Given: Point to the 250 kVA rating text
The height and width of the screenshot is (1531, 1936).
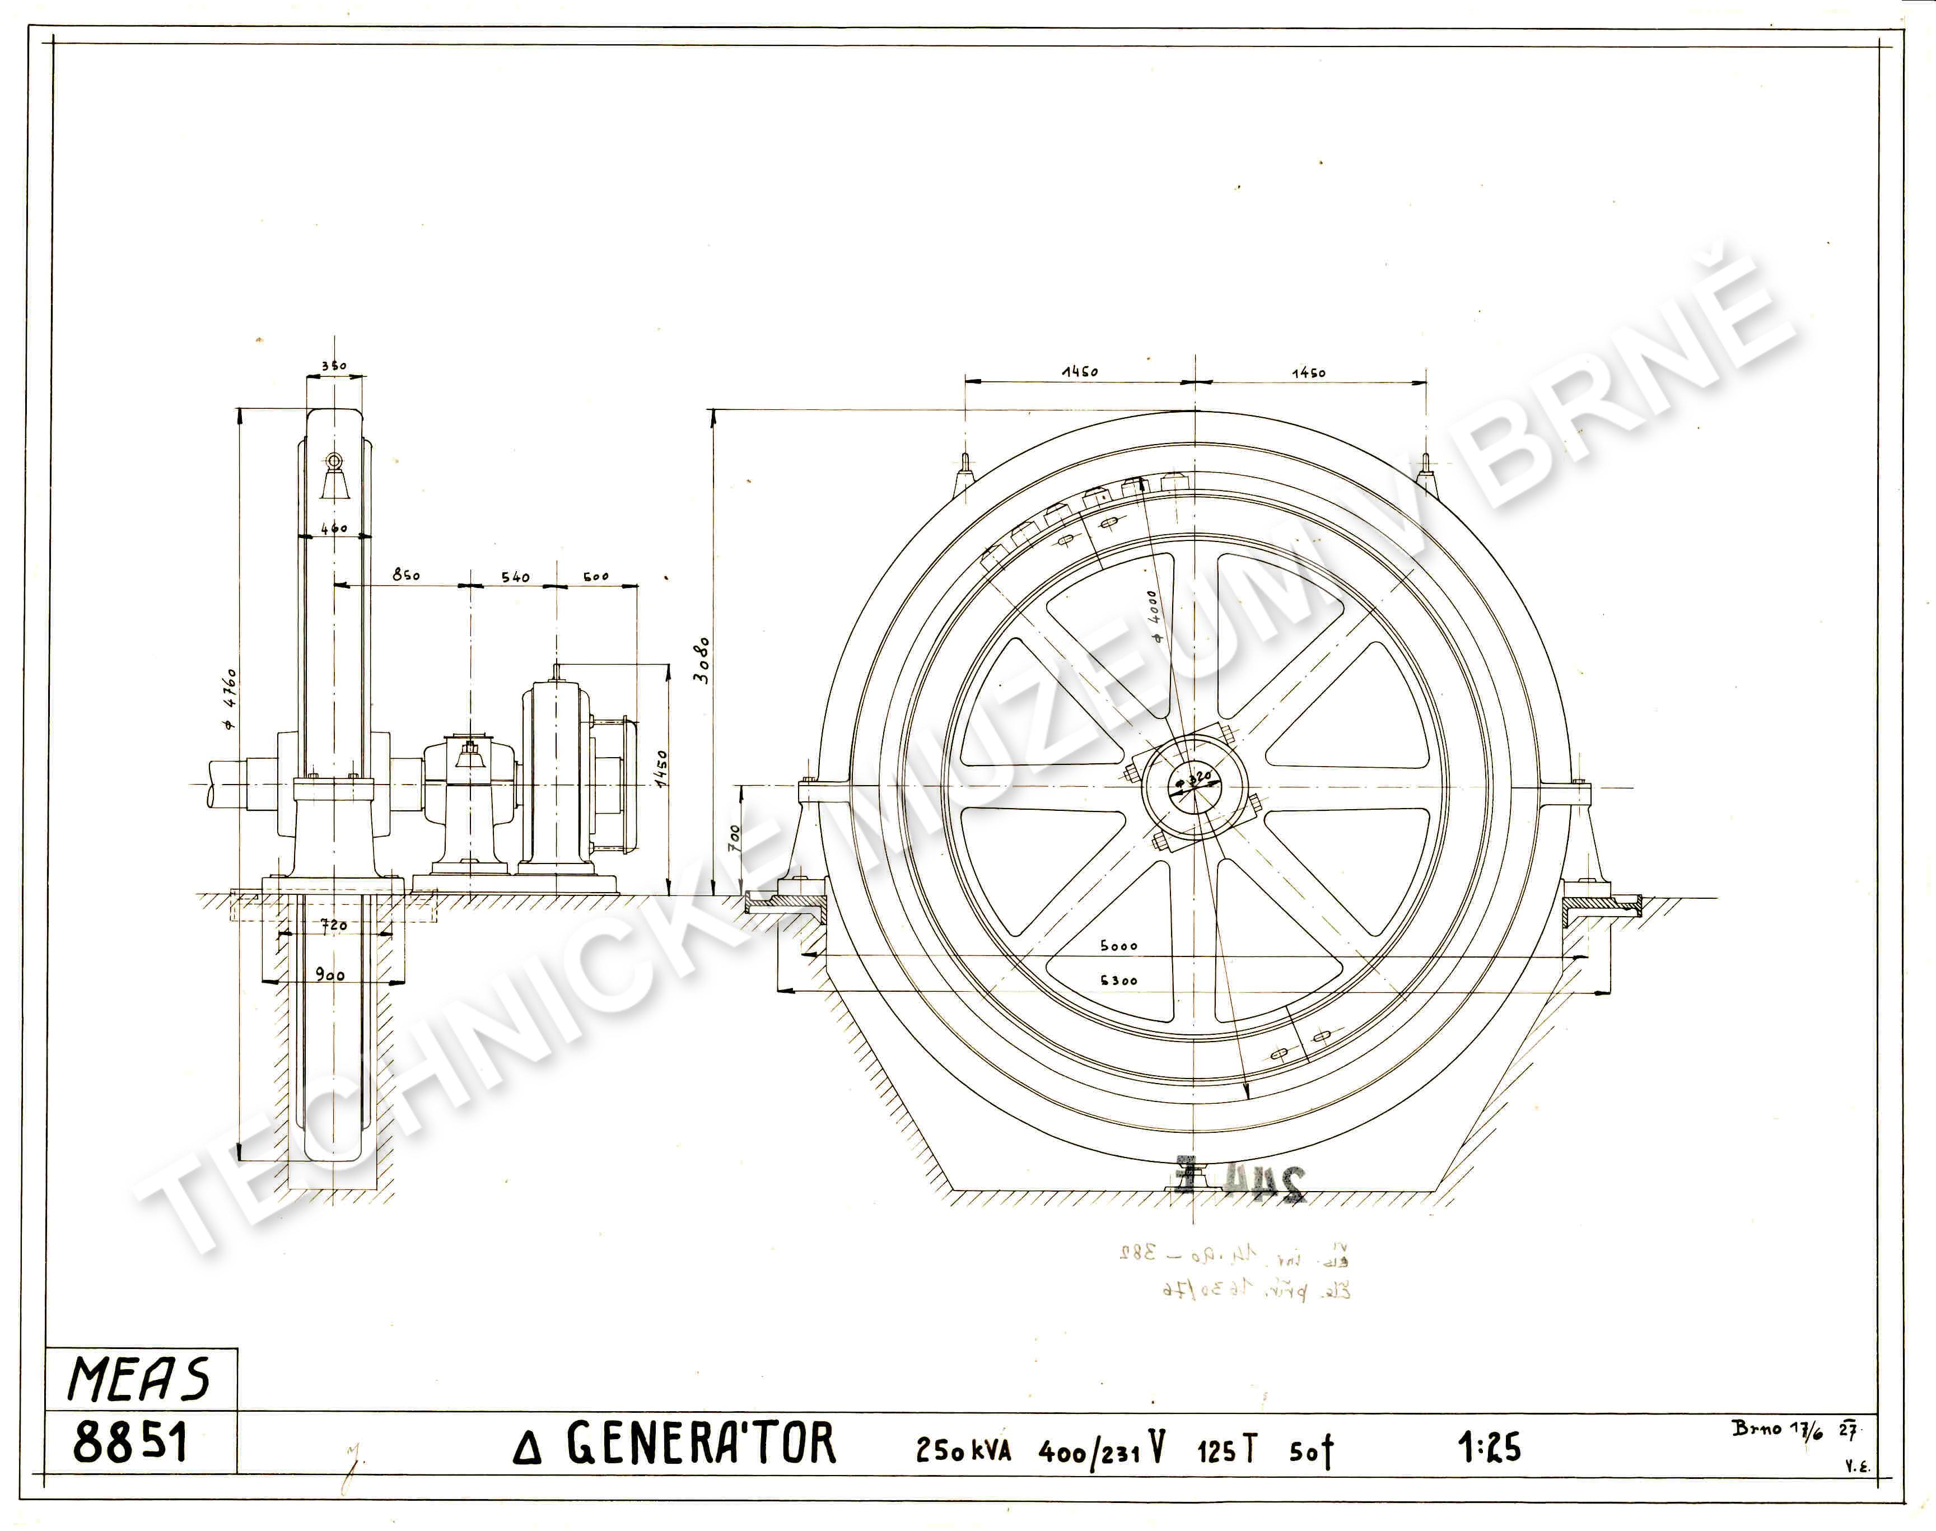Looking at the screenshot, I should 963,1449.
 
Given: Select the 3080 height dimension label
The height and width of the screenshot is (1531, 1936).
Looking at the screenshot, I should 702,661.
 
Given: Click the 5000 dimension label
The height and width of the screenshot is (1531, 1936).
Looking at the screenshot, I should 1118,946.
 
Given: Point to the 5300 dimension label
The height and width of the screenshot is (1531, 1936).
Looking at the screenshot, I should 1118,981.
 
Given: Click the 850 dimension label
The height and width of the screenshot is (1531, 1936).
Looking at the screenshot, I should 406,576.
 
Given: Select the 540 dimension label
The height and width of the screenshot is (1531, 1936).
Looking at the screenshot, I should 515,577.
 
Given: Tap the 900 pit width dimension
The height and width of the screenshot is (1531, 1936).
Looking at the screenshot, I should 330,975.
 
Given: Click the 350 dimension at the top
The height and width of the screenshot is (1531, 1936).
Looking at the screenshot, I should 333,366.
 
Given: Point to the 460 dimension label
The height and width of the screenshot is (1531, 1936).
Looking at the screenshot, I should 333,529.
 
